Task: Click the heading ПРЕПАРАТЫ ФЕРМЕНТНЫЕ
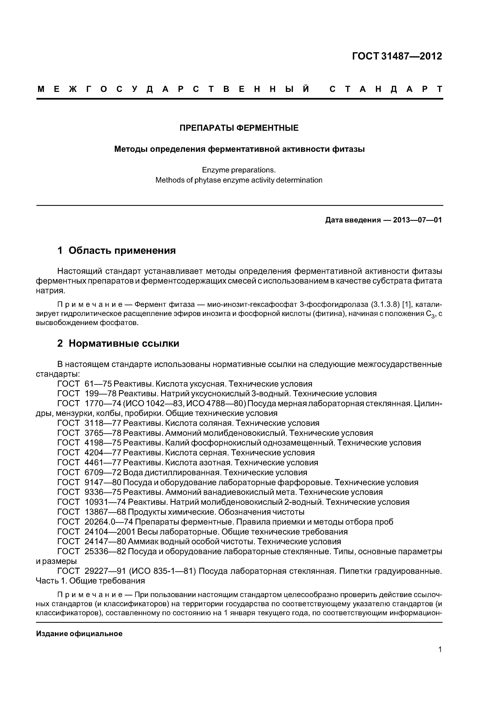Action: pyautogui.click(x=239, y=128)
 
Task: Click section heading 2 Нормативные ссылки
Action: pyautogui.click(x=118, y=343)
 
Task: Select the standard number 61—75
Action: pyautogui.click(x=98, y=384)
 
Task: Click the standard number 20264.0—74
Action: pyautogui.click(x=108, y=522)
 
